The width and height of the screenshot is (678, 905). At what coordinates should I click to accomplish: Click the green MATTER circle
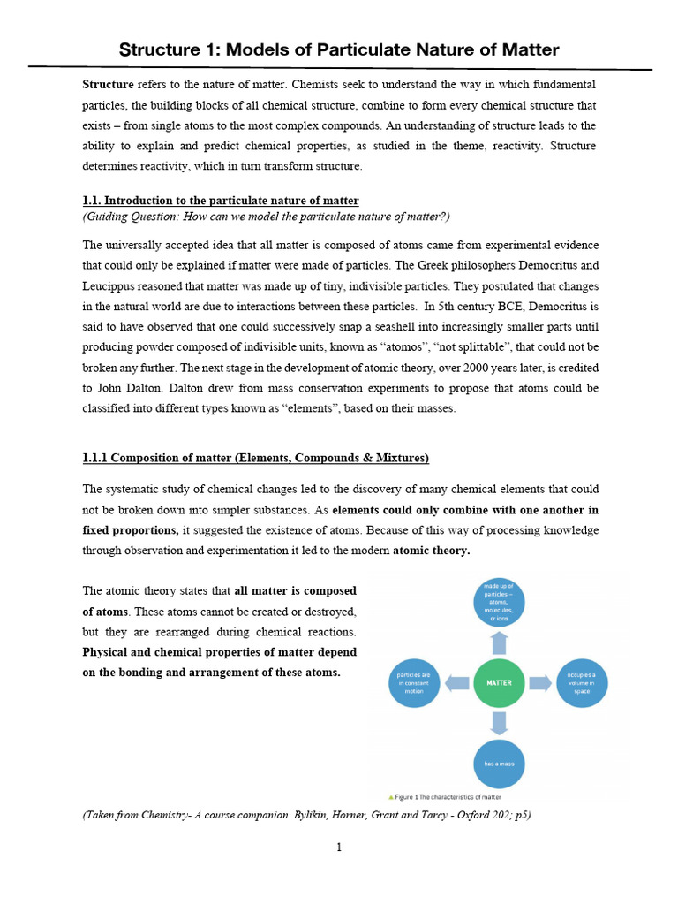click(499, 683)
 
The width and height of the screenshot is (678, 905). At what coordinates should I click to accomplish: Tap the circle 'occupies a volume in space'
click(581, 683)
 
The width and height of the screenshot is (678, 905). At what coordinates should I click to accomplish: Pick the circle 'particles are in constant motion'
click(415, 683)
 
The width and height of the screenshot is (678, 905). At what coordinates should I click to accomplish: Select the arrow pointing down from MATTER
click(499, 723)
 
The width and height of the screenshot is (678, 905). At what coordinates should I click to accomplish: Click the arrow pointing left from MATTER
click(457, 683)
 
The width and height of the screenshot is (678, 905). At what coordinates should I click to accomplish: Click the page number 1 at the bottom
click(339, 848)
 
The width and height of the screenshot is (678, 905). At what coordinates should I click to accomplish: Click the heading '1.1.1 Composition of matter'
click(256, 458)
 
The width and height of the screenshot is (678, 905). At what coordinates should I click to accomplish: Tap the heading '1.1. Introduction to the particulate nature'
click(221, 201)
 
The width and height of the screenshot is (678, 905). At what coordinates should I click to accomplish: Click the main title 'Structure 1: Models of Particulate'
click(339, 49)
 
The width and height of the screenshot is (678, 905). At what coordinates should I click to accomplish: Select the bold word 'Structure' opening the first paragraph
click(108, 84)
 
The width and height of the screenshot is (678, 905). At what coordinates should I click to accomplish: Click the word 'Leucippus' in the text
click(110, 287)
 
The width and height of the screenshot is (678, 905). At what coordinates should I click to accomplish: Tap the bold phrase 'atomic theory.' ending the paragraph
click(431, 550)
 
